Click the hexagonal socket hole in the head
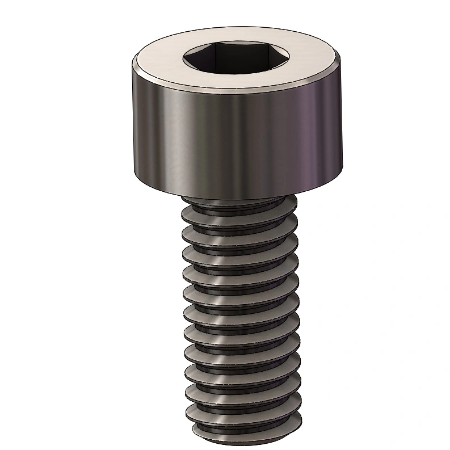pyautogui.click(x=235, y=58)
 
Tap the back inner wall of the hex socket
pyautogui.click(x=235, y=52)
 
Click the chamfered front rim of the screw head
pyautogui.click(x=235, y=86)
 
